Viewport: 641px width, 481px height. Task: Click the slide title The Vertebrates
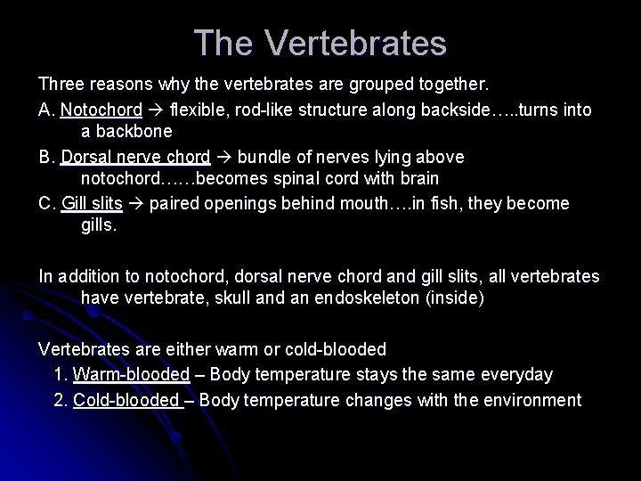[320, 43]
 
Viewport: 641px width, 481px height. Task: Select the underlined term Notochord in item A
[101, 110]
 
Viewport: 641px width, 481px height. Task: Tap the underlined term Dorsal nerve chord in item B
[135, 157]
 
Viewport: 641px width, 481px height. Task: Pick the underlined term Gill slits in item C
[92, 203]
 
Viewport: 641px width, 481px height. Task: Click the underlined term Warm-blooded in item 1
[132, 375]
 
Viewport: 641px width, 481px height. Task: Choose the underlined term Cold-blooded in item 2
[128, 400]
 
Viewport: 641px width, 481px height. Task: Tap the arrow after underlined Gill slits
[135, 203]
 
